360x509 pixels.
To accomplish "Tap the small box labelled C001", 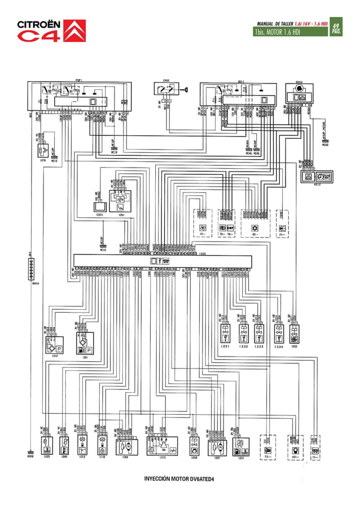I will click(99, 207).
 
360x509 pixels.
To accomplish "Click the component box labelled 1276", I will click(42, 151).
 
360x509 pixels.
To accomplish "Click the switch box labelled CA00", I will click(166, 89).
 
